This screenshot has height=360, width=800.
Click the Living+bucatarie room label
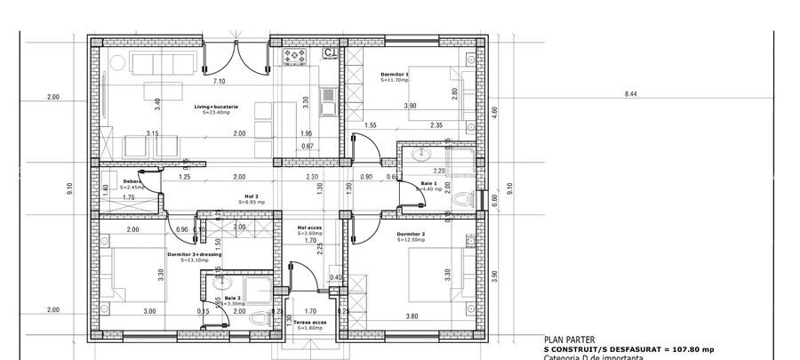point(216,108)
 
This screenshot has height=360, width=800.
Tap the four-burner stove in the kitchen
point(294,57)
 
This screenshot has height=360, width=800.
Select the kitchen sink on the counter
point(328,99)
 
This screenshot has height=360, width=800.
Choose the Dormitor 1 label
point(395,75)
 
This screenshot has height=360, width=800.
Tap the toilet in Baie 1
point(459,201)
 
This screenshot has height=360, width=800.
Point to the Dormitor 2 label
point(412,236)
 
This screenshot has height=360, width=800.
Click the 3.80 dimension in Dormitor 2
point(412,316)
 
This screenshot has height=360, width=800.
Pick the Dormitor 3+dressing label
point(194,255)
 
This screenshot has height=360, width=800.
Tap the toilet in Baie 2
point(258,316)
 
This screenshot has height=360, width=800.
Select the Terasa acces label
point(310,323)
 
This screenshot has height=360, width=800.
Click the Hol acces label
point(310,228)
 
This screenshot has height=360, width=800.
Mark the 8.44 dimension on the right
point(632,93)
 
